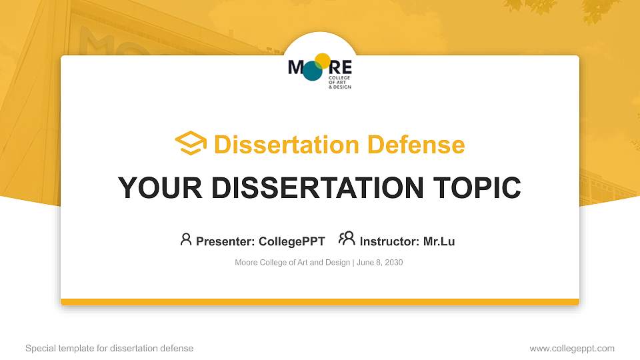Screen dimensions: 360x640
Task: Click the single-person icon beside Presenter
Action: click(186, 239)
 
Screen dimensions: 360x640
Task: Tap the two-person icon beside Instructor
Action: click(347, 239)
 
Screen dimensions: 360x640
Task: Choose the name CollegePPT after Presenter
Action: click(291, 241)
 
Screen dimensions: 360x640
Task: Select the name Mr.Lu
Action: click(439, 241)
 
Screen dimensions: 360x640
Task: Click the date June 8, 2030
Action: click(379, 263)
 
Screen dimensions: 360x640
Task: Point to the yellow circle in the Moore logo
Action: click(322, 61)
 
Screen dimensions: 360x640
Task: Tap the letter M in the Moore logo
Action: click(296, 67)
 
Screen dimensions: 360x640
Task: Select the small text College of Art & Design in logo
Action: click(339, 82)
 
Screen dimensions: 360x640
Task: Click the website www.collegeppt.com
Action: click(571, 348)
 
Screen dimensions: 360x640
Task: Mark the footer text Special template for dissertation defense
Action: click(109, 348)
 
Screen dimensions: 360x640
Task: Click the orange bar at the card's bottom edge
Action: click(319, 302)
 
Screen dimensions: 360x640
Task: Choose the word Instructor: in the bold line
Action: click(389, 241)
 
